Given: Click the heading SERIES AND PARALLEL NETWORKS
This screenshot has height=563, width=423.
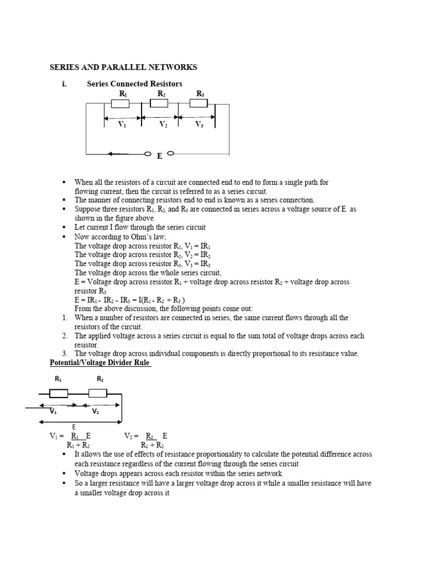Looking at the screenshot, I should point(123,68).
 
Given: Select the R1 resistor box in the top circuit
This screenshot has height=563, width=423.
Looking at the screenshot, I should point(120,104).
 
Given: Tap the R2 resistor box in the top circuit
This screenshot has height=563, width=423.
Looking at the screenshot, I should point(160,104).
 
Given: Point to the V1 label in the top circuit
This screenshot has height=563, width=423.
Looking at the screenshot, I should point(122,125).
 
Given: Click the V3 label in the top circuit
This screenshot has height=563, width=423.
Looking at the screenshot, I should point(199,125).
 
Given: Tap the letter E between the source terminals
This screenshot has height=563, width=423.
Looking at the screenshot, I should point(159,157).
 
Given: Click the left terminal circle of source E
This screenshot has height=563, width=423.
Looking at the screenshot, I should point(148,154).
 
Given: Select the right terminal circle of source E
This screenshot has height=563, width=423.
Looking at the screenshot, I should point(171,153).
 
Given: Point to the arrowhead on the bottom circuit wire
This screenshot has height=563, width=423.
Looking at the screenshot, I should point(112,154).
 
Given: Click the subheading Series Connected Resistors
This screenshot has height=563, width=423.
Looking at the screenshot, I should point(134,84).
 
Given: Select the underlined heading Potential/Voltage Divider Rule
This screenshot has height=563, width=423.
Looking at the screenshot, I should point(100,363).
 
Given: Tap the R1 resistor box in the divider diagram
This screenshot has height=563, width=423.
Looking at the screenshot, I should point(59,393).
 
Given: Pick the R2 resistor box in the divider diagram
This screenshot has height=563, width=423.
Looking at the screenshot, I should point(97,393).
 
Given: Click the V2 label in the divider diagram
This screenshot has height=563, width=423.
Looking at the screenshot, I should point(95,411).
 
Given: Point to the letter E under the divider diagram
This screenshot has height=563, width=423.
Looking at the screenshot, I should point(74,427).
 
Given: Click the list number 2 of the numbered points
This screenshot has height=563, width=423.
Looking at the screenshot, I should point(64,336).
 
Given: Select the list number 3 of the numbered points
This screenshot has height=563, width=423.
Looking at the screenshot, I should point(64,354).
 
